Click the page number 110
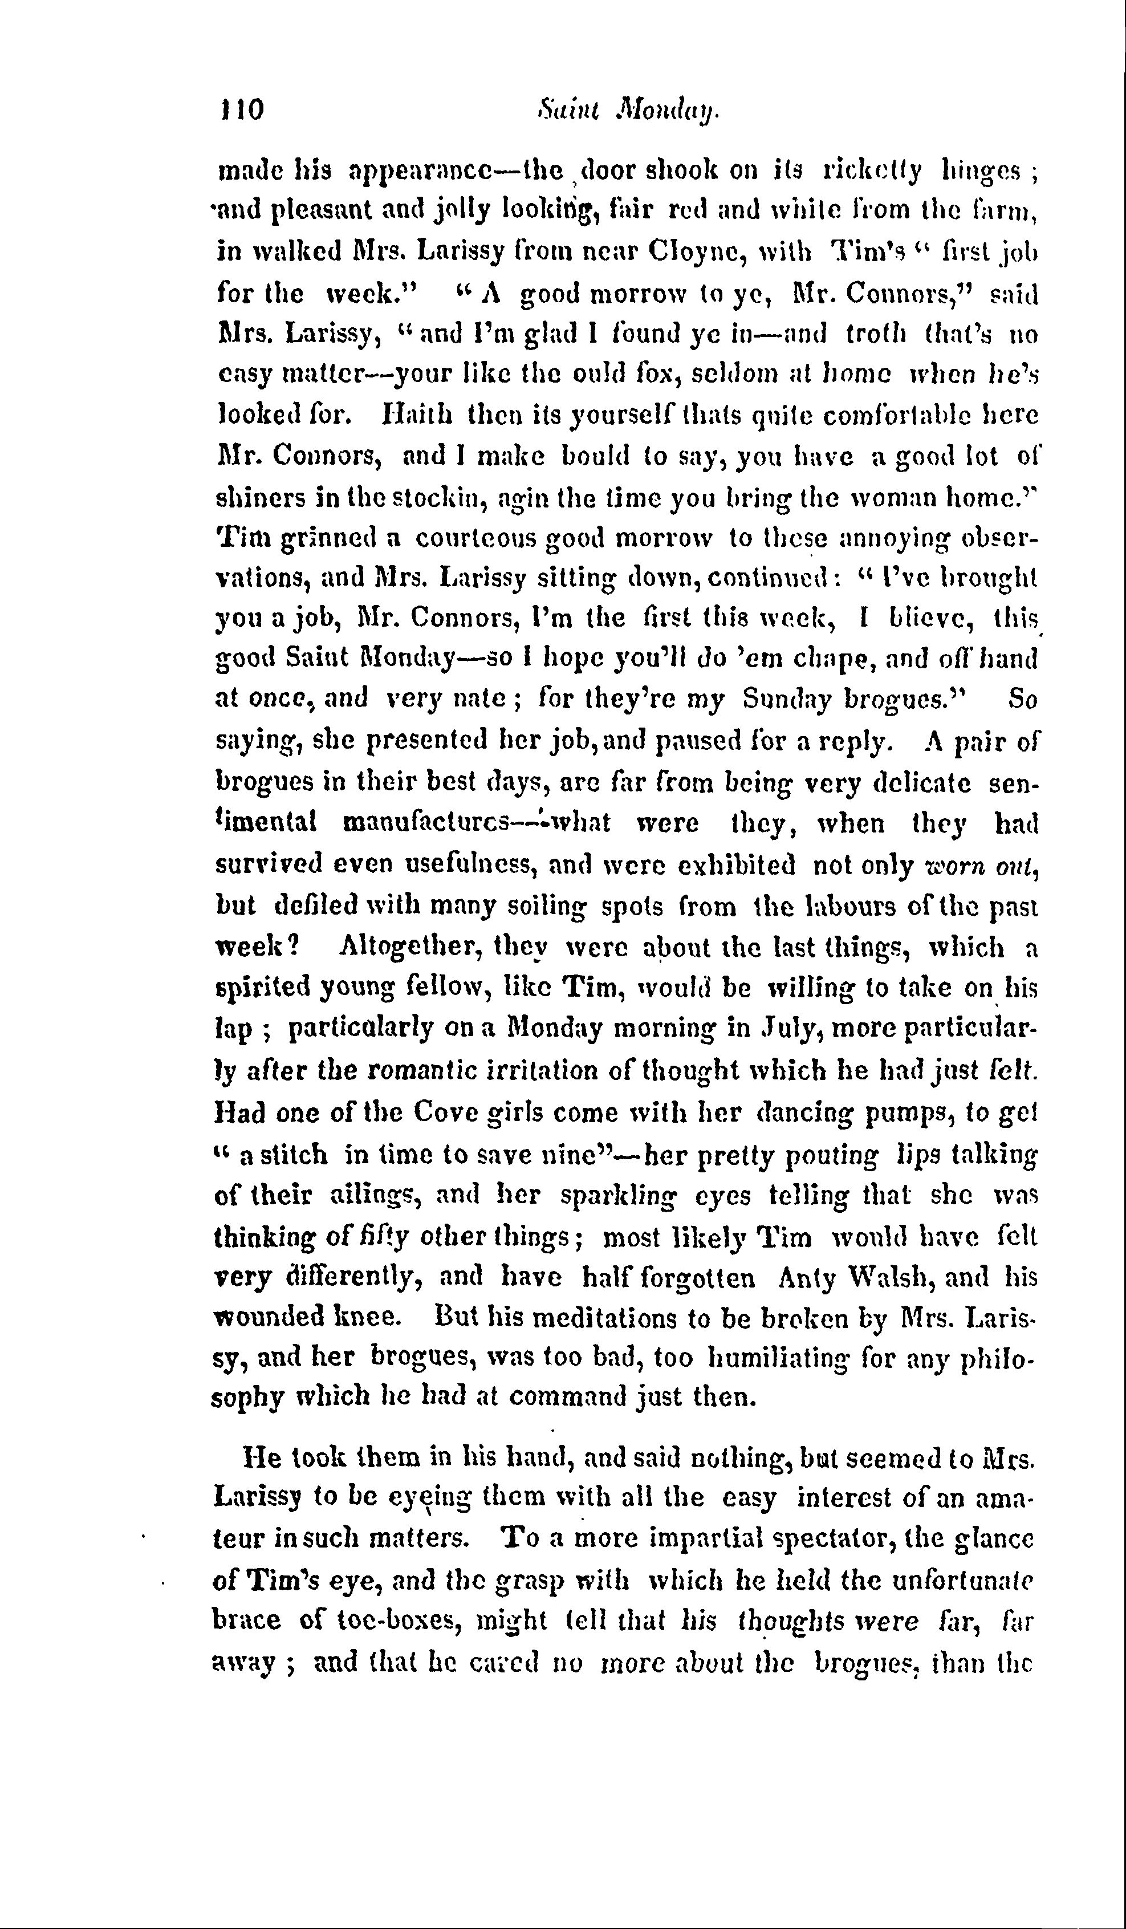coord(241,109)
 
